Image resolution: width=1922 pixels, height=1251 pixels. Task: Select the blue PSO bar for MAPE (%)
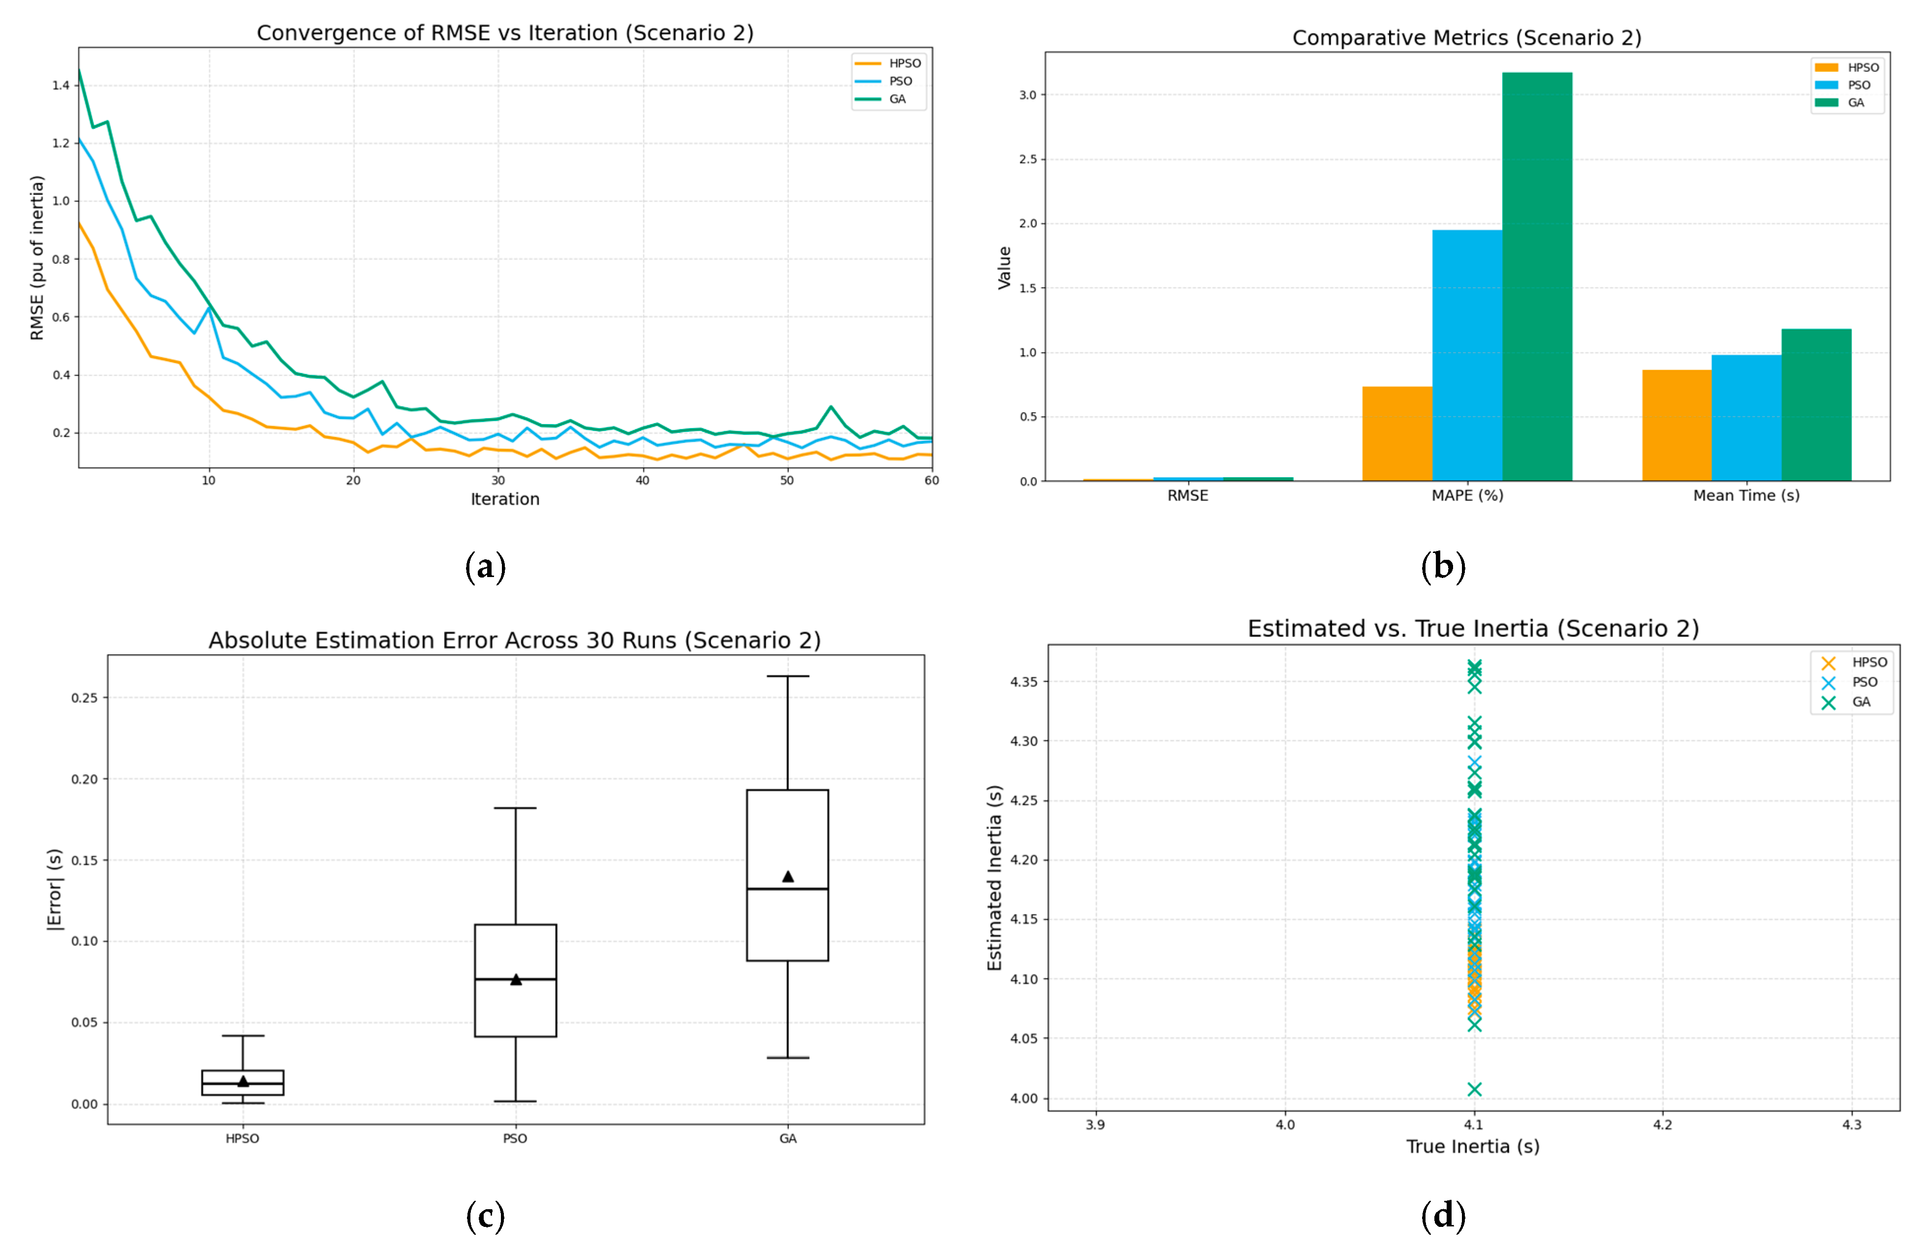(x=1467, y=355)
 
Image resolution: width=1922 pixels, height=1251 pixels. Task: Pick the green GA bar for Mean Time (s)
(x=1816, y=404)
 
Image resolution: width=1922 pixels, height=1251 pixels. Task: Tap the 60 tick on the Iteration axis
(x=932, y=481)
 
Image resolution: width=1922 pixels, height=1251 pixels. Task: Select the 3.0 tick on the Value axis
(x=1027, y=94)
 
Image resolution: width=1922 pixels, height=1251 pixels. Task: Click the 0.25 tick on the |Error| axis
(x=84, y=698)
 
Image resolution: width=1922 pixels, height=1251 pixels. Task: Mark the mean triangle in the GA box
(x=788, y=876)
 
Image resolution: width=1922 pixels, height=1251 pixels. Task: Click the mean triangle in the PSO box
(x=516, y=979)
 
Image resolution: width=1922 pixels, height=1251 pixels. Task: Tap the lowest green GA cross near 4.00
(x=1475, y=1090)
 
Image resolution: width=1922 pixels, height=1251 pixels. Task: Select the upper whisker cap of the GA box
(x=788, y=676)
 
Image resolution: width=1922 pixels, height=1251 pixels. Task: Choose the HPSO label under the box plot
(x=242, y=1139)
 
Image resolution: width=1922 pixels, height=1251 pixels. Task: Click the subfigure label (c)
(x=485, y=1216)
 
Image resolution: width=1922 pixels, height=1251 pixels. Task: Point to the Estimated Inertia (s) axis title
(x=995, y=878)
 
